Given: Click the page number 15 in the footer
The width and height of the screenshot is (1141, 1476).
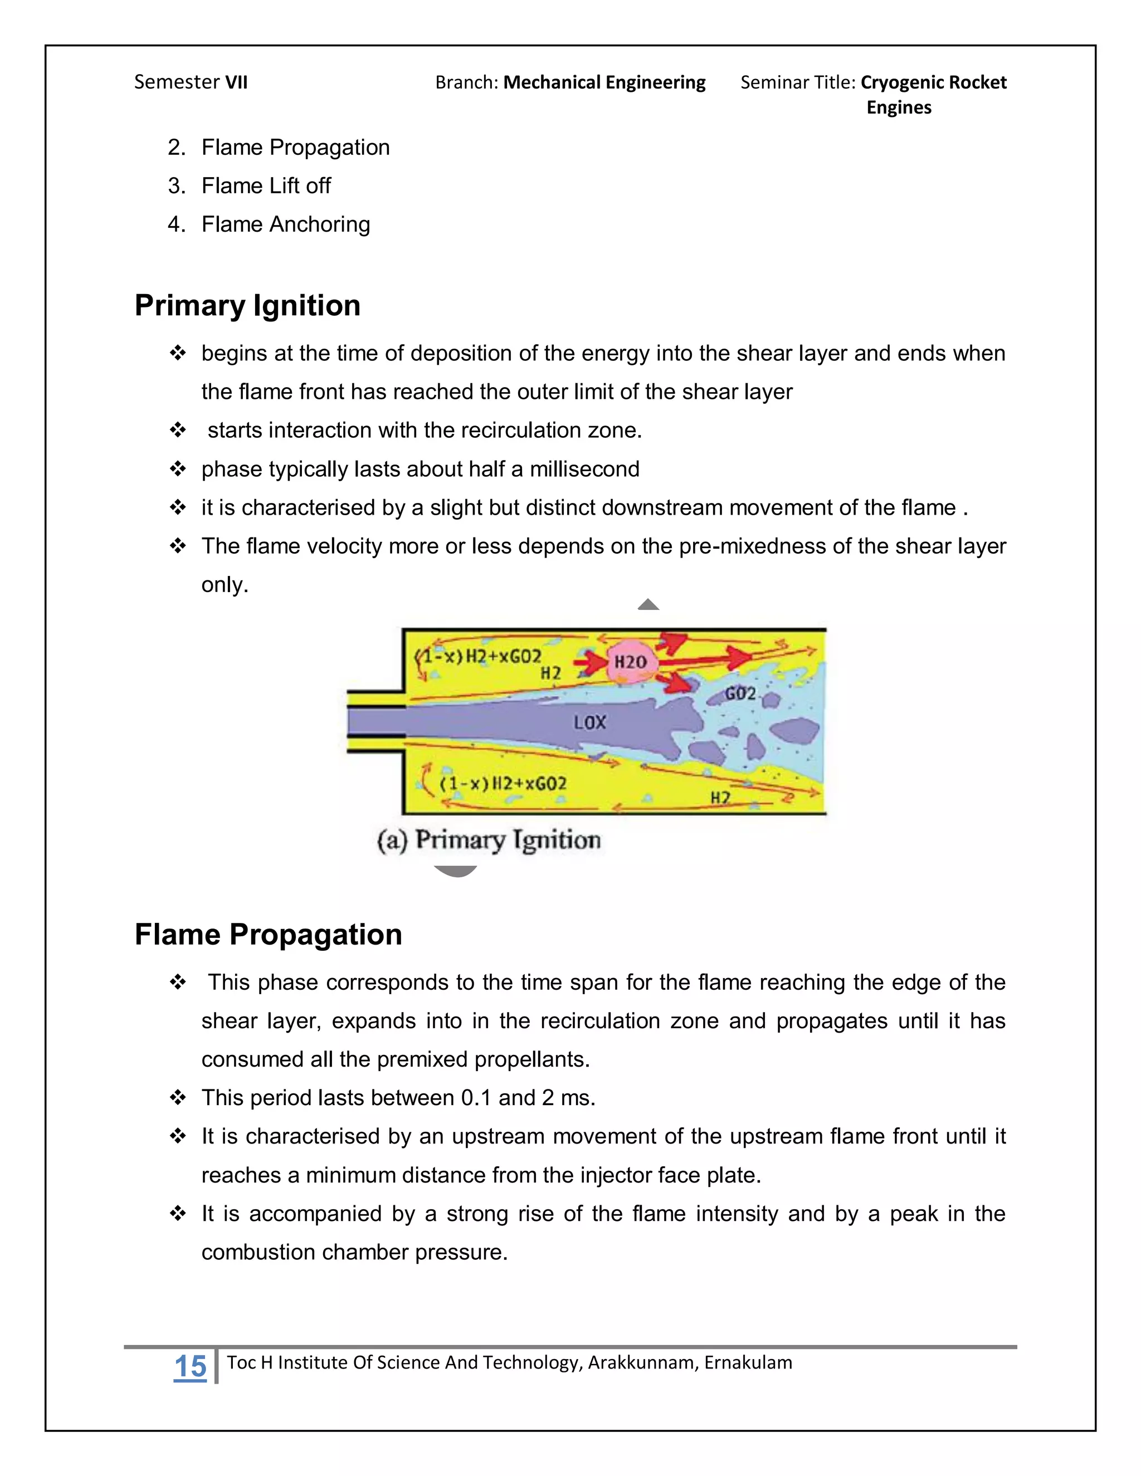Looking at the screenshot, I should point(190,1366).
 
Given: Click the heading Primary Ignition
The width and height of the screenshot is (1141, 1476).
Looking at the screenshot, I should point(247,305).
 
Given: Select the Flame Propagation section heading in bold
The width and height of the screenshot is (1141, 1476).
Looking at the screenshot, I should point(269,935).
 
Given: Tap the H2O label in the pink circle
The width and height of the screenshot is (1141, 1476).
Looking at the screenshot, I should point(630,662).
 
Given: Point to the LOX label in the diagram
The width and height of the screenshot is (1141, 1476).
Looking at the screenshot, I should point(590,722).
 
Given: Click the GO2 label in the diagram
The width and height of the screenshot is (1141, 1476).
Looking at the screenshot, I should point(740,693).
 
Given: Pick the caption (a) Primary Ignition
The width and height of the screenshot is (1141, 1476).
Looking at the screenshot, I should point(489,840).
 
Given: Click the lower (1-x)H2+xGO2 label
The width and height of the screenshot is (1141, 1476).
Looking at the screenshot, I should point(503,784).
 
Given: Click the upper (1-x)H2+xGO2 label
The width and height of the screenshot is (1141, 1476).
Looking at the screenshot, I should point(479,656).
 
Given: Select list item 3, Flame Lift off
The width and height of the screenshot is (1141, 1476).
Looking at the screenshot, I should point(266,186).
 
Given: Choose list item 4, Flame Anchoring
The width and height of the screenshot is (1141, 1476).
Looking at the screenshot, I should point(285,224).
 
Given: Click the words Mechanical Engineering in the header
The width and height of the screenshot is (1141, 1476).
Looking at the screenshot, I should point(604,82).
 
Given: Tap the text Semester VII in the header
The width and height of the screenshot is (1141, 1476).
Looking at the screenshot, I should point(191,82).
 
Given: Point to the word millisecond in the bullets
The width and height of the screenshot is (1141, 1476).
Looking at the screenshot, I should point(584,469).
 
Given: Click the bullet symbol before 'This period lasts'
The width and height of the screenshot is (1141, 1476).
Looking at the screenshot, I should point(178,1098).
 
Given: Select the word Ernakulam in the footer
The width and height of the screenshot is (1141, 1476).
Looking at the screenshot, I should point(748,1362).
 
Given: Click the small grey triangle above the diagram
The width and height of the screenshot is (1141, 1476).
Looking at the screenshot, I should point(648,604).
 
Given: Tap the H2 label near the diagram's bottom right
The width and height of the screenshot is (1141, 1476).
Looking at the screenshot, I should point(720,798).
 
